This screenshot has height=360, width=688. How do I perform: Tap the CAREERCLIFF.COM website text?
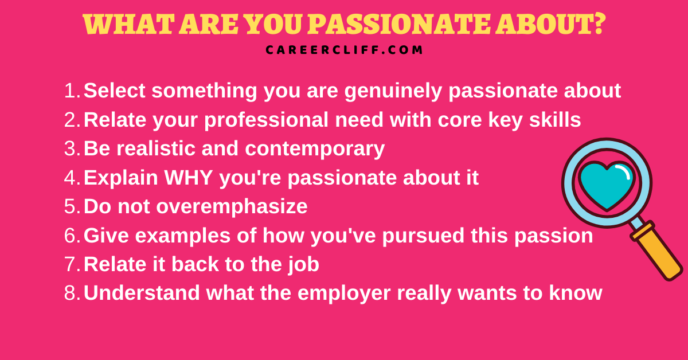[x=344, y=50]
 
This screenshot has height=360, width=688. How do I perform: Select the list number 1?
[x=71, y=91]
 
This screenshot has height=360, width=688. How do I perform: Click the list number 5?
[x=71, y=206]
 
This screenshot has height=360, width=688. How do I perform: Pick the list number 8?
[x=71, y=293]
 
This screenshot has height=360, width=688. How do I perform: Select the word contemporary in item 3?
[x=315, y=148]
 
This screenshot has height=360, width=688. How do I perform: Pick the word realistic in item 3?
[x=159, y=148]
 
